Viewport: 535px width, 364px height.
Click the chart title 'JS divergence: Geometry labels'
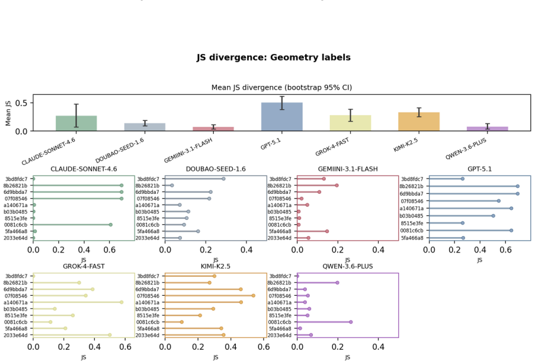tap(274, 58)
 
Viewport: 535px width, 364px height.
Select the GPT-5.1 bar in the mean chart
tap(282, 117)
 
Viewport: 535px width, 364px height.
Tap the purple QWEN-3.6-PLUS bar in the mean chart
tap(487, 129)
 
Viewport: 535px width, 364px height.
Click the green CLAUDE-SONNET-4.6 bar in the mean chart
tap(76, 123)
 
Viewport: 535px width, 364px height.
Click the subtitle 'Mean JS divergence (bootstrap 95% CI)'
tap(282, 88)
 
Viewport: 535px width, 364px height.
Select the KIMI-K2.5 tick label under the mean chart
tap(406, 145)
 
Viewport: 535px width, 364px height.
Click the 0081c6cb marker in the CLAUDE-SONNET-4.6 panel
tap(111, 225)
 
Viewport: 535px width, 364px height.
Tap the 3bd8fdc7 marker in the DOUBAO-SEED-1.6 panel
tap(223, 179)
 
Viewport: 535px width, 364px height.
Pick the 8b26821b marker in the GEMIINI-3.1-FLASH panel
tap(337, 186)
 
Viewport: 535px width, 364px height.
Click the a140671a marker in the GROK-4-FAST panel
tap(121, 302)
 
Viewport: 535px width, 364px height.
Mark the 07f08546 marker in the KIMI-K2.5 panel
tap(253, 296)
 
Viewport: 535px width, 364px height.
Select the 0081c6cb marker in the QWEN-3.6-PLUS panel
tap(351, 322)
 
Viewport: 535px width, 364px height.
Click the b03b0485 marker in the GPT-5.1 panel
tap(493, 216)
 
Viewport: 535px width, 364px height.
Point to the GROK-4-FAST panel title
tap(84, 266)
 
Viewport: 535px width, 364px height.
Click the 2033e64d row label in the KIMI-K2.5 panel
tap(148, 336)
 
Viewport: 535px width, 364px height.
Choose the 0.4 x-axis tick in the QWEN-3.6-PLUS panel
tap(379, 347)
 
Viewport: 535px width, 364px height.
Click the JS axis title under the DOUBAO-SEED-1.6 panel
tap(216, 260)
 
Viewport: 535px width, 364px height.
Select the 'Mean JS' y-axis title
tap(8, 113)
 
